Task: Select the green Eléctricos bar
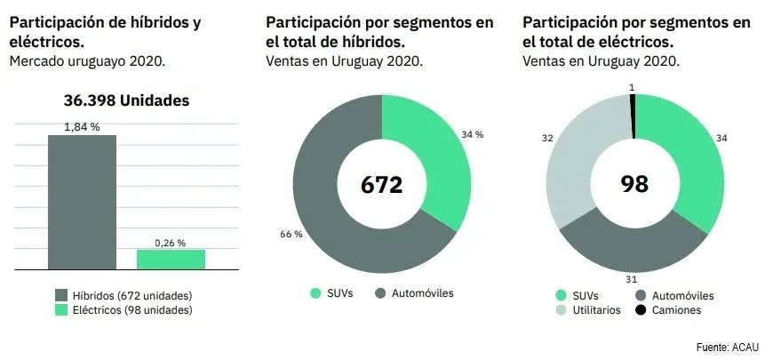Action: (171, 259)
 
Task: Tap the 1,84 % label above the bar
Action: (82, 127)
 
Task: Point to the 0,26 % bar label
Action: (171, 242)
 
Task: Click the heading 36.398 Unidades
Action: (126, 100)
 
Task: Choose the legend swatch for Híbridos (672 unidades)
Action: (61, 295)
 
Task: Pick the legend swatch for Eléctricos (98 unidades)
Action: (61, 310)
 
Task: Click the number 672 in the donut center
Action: (381, 185)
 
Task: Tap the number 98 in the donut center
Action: (634, 185)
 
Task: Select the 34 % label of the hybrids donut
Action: (472, 134)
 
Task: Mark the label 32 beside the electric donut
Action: (547, 139)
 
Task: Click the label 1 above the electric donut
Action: (632, 87)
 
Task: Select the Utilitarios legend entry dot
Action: (562, 310)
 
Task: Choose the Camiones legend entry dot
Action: (642, 310)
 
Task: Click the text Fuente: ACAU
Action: (727, 346)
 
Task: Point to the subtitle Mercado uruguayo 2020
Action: (87, 61)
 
